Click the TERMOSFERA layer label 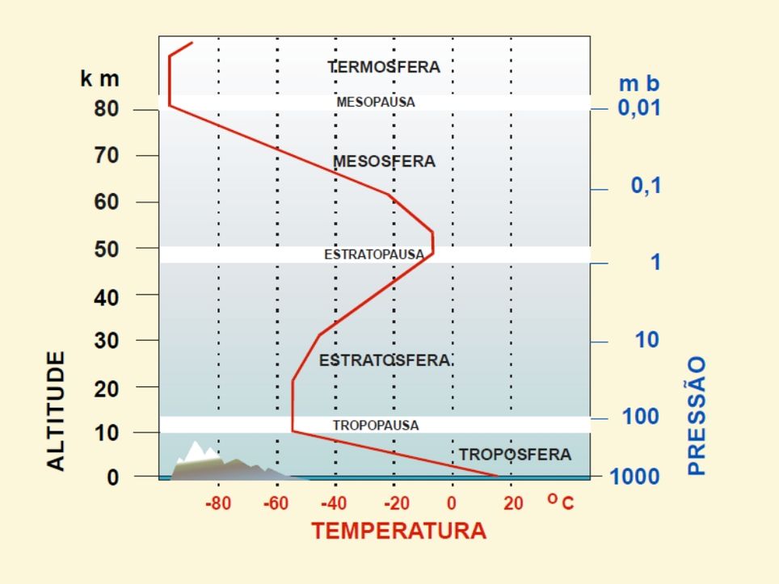[384, 67]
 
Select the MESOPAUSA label [375, 103]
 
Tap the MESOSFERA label [384, 162]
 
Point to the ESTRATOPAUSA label [374, 254]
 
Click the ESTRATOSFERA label [385, 360]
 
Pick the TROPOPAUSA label [376, 425]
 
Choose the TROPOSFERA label [515, 455]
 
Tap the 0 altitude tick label [112, 477]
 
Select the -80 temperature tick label [218, 504]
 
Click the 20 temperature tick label [513, 504]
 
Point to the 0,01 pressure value [639, 107]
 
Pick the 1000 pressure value [634, 477]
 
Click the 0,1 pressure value [646, 186]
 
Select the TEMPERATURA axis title [398, 531]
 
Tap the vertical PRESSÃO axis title [697, 416]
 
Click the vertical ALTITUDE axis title [56, 410]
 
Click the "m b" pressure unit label [638, 83]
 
